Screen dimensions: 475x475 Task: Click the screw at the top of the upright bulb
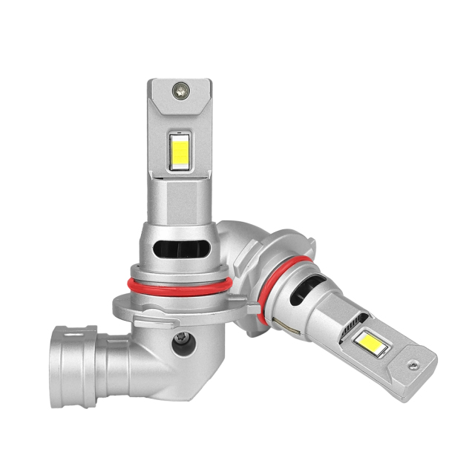180,91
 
